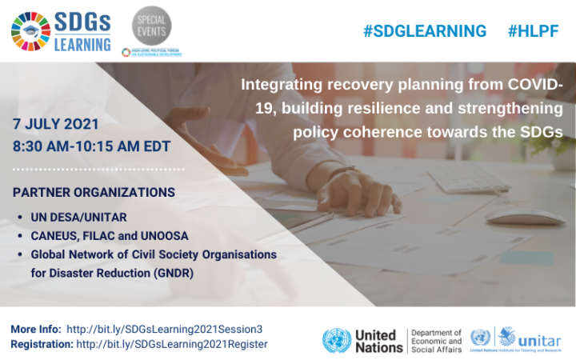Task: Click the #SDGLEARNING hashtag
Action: pyautogui.click(x=424, y=31)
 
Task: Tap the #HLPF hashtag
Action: pyautogui.click(x=534, y=31)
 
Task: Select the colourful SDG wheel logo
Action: pyautogui.click(x=30, y=31)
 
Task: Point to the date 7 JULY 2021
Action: pyautogui.click(x=56, y=125)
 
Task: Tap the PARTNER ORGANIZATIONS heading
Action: pyautogui.click(x=94, y=192)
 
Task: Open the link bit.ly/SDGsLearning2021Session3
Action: pyautogui.click(x=165, y=329)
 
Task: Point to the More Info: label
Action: pyautogui.click(x=35, y=329)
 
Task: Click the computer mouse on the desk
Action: pyautogui.click(x=525, y=214)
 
